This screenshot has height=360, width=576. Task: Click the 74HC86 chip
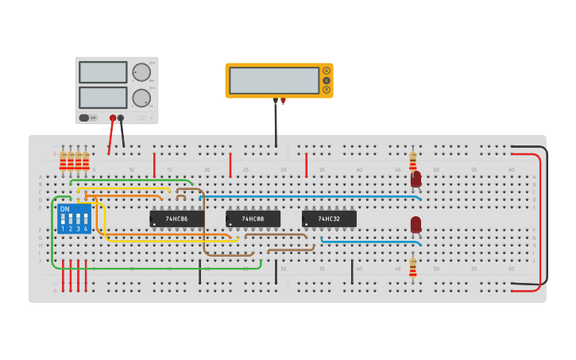[176, 219]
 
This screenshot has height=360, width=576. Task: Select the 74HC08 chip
[253, 219]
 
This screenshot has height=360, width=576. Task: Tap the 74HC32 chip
[329, 219]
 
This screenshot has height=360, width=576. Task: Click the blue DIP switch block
[74, 219]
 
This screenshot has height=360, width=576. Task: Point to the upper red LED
[416, 180]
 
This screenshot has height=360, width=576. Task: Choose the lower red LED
[416, 225]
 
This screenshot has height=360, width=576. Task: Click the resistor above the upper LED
[412, 161]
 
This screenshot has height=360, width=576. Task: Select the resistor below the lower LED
[412, 268]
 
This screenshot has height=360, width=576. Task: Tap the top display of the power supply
[102, 72]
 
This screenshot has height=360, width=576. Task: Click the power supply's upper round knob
[141, 72]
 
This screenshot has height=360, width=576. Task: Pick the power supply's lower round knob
[141, 98]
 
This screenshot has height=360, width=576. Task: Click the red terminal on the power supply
[113, 118]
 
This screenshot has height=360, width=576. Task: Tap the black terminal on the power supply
[121, 118]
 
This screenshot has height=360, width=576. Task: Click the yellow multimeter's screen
[274, 80]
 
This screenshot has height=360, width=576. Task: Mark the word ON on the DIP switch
[64, 209]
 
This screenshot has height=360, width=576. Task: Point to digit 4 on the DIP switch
[86, 229]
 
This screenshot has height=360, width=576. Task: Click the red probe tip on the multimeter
[283, 101]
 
